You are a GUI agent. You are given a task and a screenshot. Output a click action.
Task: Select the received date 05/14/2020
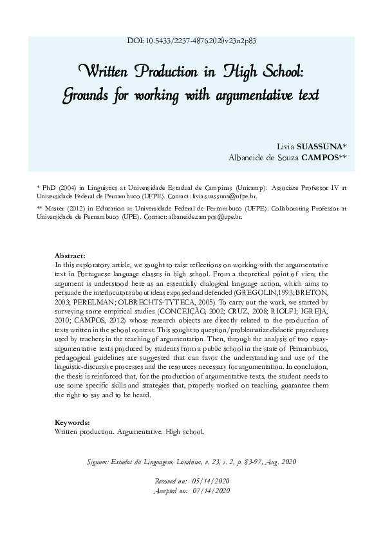(x=210, y=481)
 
